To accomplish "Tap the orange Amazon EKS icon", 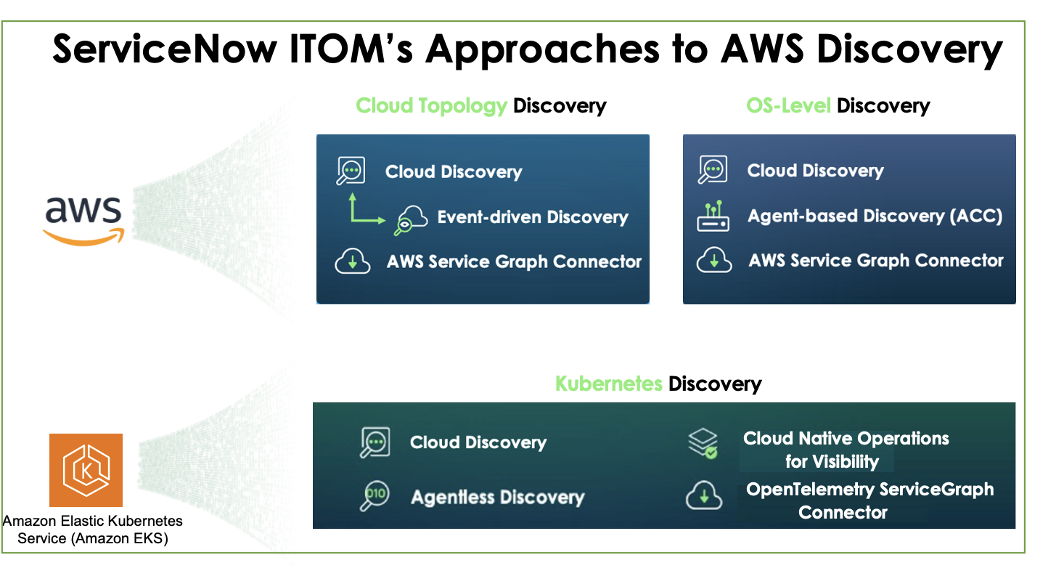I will [x=86, y=470].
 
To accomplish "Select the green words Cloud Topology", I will [x=431, y=106].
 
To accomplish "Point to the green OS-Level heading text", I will [x=788, y=106].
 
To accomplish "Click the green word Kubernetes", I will [x=608, y=384].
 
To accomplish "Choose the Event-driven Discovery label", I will [x=532, y=217].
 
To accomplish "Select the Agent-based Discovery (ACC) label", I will [x=875, y=216].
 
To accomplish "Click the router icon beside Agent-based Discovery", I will [x=713, y=216].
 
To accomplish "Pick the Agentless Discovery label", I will [x=497, y=497].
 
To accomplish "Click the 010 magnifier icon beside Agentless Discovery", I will [x=375, y=496].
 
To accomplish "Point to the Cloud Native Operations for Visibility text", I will [x=846, y=450].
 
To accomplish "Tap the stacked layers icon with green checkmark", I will [x=703, y=443].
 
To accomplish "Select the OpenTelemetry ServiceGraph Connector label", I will [x=869, y=500].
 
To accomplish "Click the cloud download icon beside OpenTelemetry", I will [x=703, y=496].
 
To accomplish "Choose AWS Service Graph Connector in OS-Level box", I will [x=876, y=261].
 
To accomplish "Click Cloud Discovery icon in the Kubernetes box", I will [x=375, y=442].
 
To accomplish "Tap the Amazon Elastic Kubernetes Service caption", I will [x=92, y=530].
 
